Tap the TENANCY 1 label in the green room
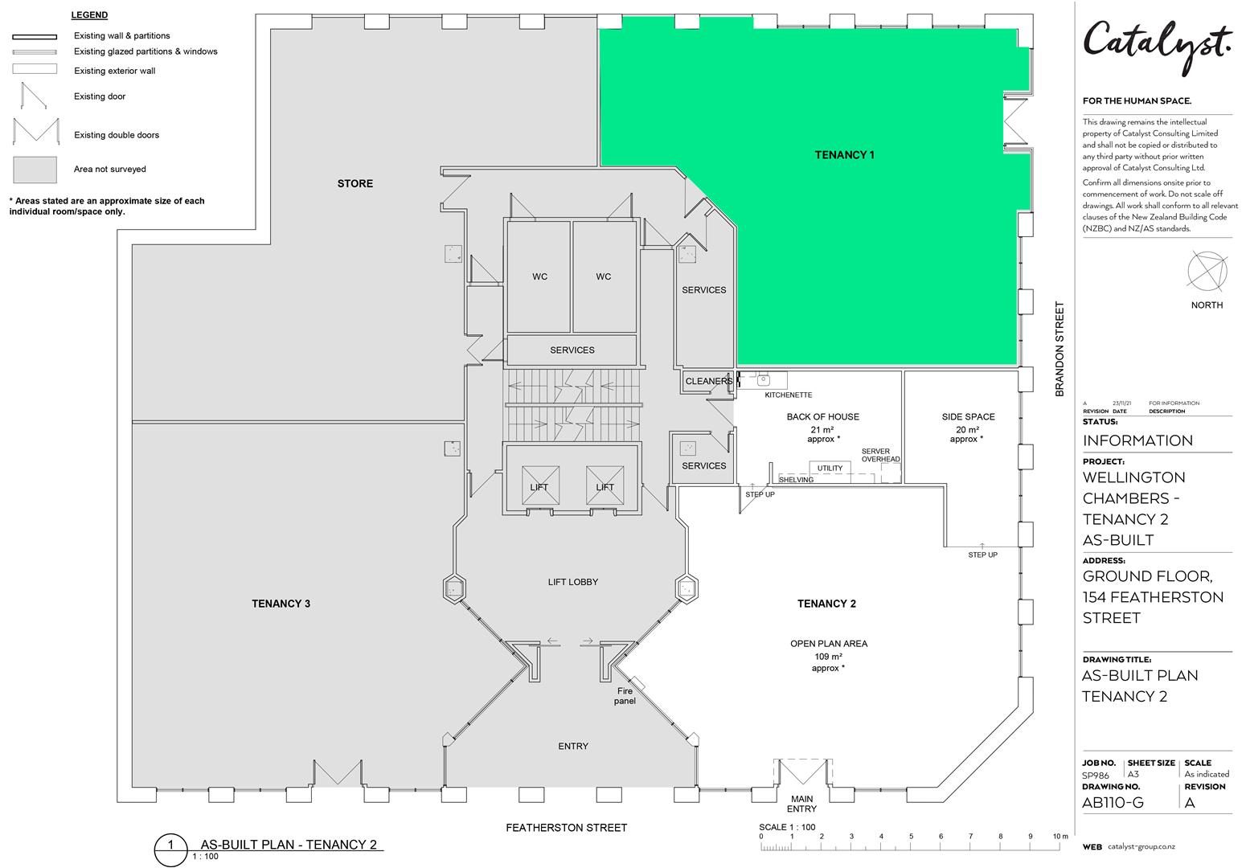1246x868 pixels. tap(844, 155)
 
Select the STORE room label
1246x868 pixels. tap(355, 183)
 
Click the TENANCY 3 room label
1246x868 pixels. tap(281, 604)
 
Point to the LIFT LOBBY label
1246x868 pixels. tap(573, 582)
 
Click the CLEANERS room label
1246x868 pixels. tap(709, 381)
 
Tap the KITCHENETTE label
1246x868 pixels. tap(789, 395)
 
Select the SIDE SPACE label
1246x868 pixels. tap(969, 416)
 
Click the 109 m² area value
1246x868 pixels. tap(828, 656)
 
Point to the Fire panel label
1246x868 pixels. tap(625, 696)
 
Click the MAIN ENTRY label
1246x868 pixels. tap(801, 804)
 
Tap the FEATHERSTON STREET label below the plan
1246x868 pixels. tap(566, 828)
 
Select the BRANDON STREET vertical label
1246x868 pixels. tap(1060, 349)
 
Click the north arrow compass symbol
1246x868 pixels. tap(1207, 272)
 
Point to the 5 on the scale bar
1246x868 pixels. tap(911, 837)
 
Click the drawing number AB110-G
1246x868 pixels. tap(1113, 802)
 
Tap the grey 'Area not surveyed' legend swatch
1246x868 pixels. tap(35, 170)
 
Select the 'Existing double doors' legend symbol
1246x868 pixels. tap(36, 131)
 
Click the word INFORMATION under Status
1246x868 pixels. tap(1137, 440)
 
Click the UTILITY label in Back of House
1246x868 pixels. tap(830, 469)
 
